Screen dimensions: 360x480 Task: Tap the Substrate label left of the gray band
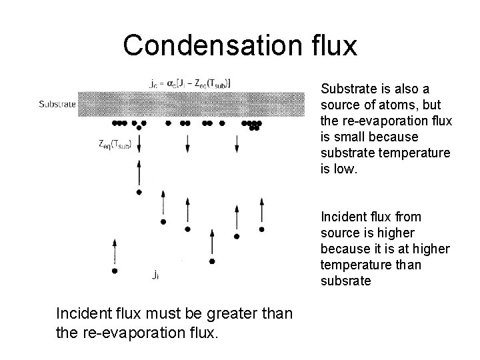coord(58,104)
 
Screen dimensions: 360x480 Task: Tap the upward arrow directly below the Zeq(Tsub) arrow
coord(138,173)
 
